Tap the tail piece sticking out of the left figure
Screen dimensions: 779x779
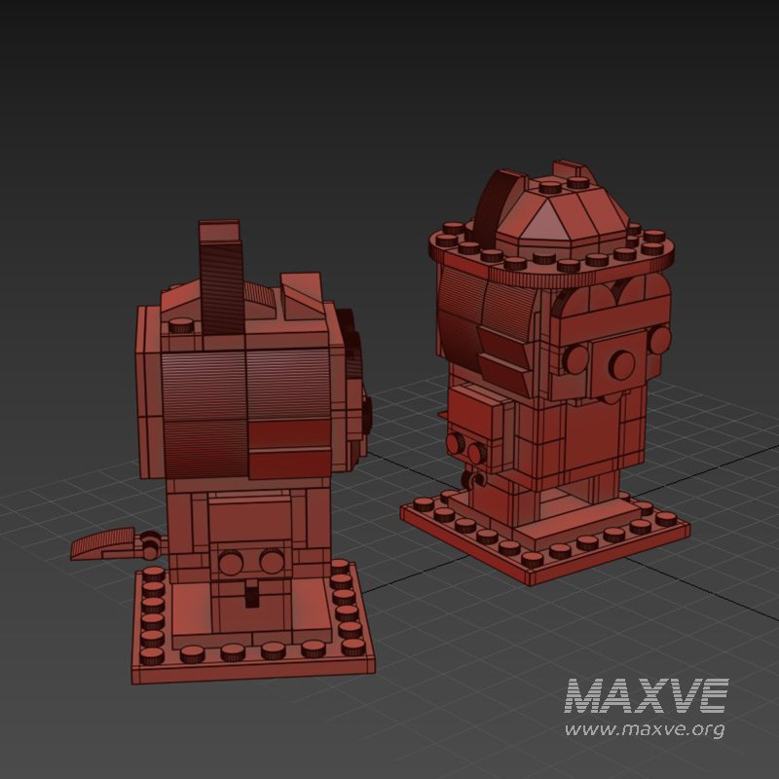102,543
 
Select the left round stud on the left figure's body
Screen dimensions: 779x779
232,562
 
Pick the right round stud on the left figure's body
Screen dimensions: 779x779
272,561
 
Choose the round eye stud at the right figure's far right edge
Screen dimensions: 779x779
661,340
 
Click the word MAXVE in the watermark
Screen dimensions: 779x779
647,697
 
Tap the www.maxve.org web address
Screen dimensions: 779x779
645,729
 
